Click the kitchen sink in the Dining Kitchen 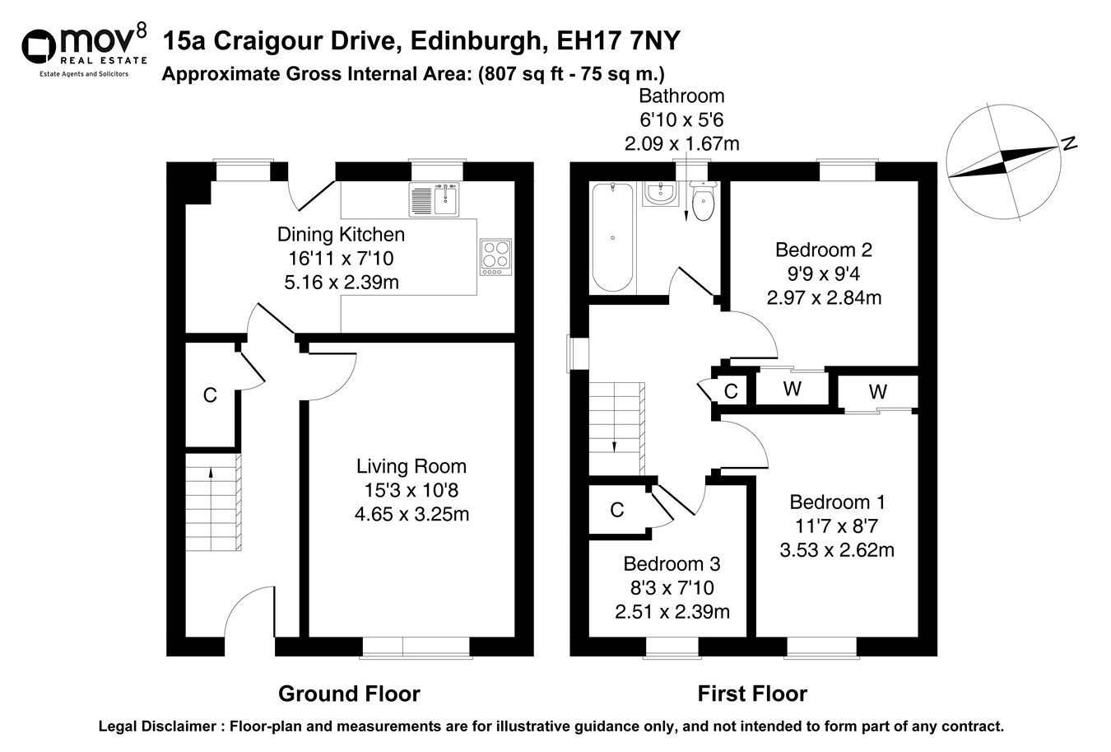coord(434,199)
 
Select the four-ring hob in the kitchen coord(495,256)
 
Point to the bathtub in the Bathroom coord(612,237)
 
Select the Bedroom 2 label coord(824,250)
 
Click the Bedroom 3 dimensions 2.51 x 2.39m coord(672,611)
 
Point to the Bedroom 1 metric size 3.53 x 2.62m coord(837,549)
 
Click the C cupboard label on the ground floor coord(210,396)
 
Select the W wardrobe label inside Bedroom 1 coord(878,392)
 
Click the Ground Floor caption coord(349,694)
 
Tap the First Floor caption coord(752,694)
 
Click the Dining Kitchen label coord(341,235)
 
